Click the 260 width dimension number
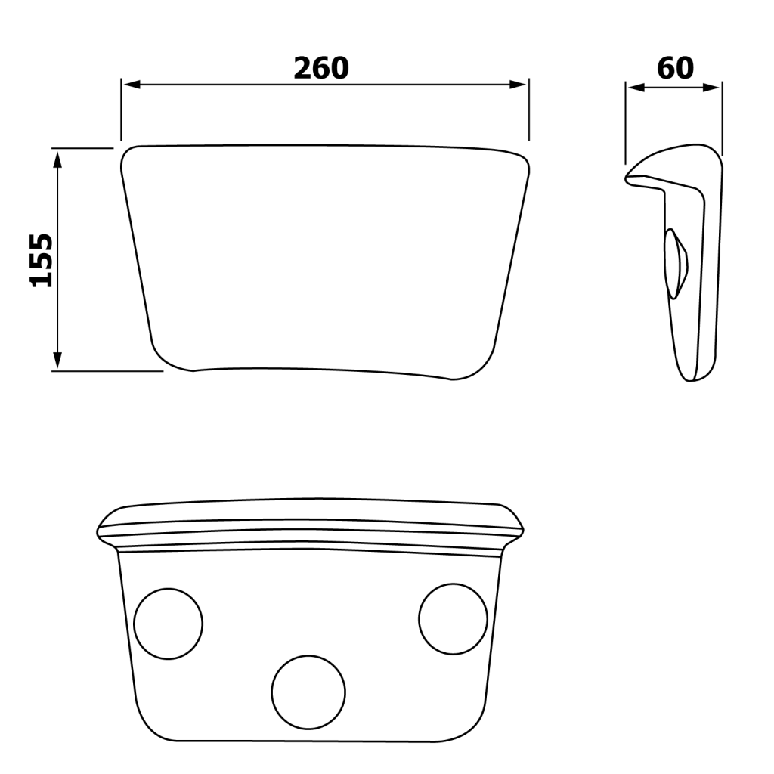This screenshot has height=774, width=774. [321, 68]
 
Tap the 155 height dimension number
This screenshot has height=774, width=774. [42, 260]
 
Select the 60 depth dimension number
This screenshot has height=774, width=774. [675, 68]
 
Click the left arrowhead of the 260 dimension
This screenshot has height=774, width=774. [132, 85]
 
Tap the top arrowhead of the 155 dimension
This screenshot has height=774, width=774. [57, 160]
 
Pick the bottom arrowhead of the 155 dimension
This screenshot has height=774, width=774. [57, 359]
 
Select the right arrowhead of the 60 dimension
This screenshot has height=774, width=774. [711, 88]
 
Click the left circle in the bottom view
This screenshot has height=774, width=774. [169, 589]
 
